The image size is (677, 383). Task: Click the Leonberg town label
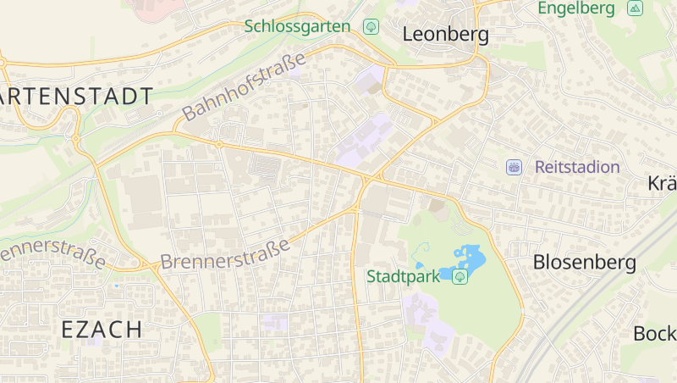tap(446, 35)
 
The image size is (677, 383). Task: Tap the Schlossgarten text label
tap(297, 26)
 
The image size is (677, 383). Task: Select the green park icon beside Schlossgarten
tap(371, 26)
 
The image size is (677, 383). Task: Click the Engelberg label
tap(575, 8)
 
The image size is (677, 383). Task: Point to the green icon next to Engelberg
tap(635, 8)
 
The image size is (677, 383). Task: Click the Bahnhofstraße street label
tap(243, 86)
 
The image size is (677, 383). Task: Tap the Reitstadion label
tap(577, 167)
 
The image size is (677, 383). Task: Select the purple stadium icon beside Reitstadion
tap(514, 167)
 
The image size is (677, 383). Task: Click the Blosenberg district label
tap(584, 263)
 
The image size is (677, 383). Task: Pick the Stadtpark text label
tap(404, 276)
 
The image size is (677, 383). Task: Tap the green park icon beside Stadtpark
tap(460, 277)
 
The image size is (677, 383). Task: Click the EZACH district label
tap(102, 330)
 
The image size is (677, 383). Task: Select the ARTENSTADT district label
tap(76, 96)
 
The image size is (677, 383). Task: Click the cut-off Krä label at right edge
tap(662, 184)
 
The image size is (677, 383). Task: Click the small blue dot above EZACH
tap(116, 286)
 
